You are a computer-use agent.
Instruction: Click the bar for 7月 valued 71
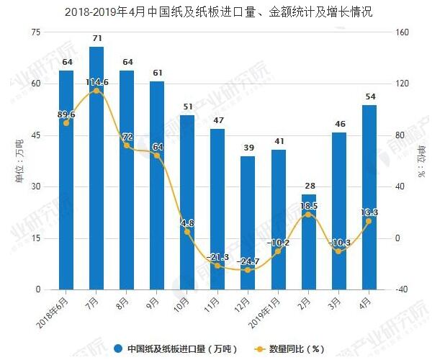96,168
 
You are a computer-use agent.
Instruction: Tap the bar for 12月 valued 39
248,223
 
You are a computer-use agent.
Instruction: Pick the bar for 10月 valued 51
187,202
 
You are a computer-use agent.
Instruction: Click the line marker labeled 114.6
96,91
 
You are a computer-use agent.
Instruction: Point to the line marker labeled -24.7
248,269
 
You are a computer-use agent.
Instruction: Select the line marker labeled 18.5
308,215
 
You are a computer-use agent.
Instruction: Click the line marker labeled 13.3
369,221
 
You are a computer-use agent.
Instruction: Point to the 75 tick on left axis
35,32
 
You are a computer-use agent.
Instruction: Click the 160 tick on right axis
402,32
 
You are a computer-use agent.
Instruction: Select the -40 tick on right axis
401,289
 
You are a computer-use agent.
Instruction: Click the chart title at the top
223,11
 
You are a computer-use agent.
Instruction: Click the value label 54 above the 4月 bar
369,96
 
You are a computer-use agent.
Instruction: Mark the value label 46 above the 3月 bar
338,124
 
